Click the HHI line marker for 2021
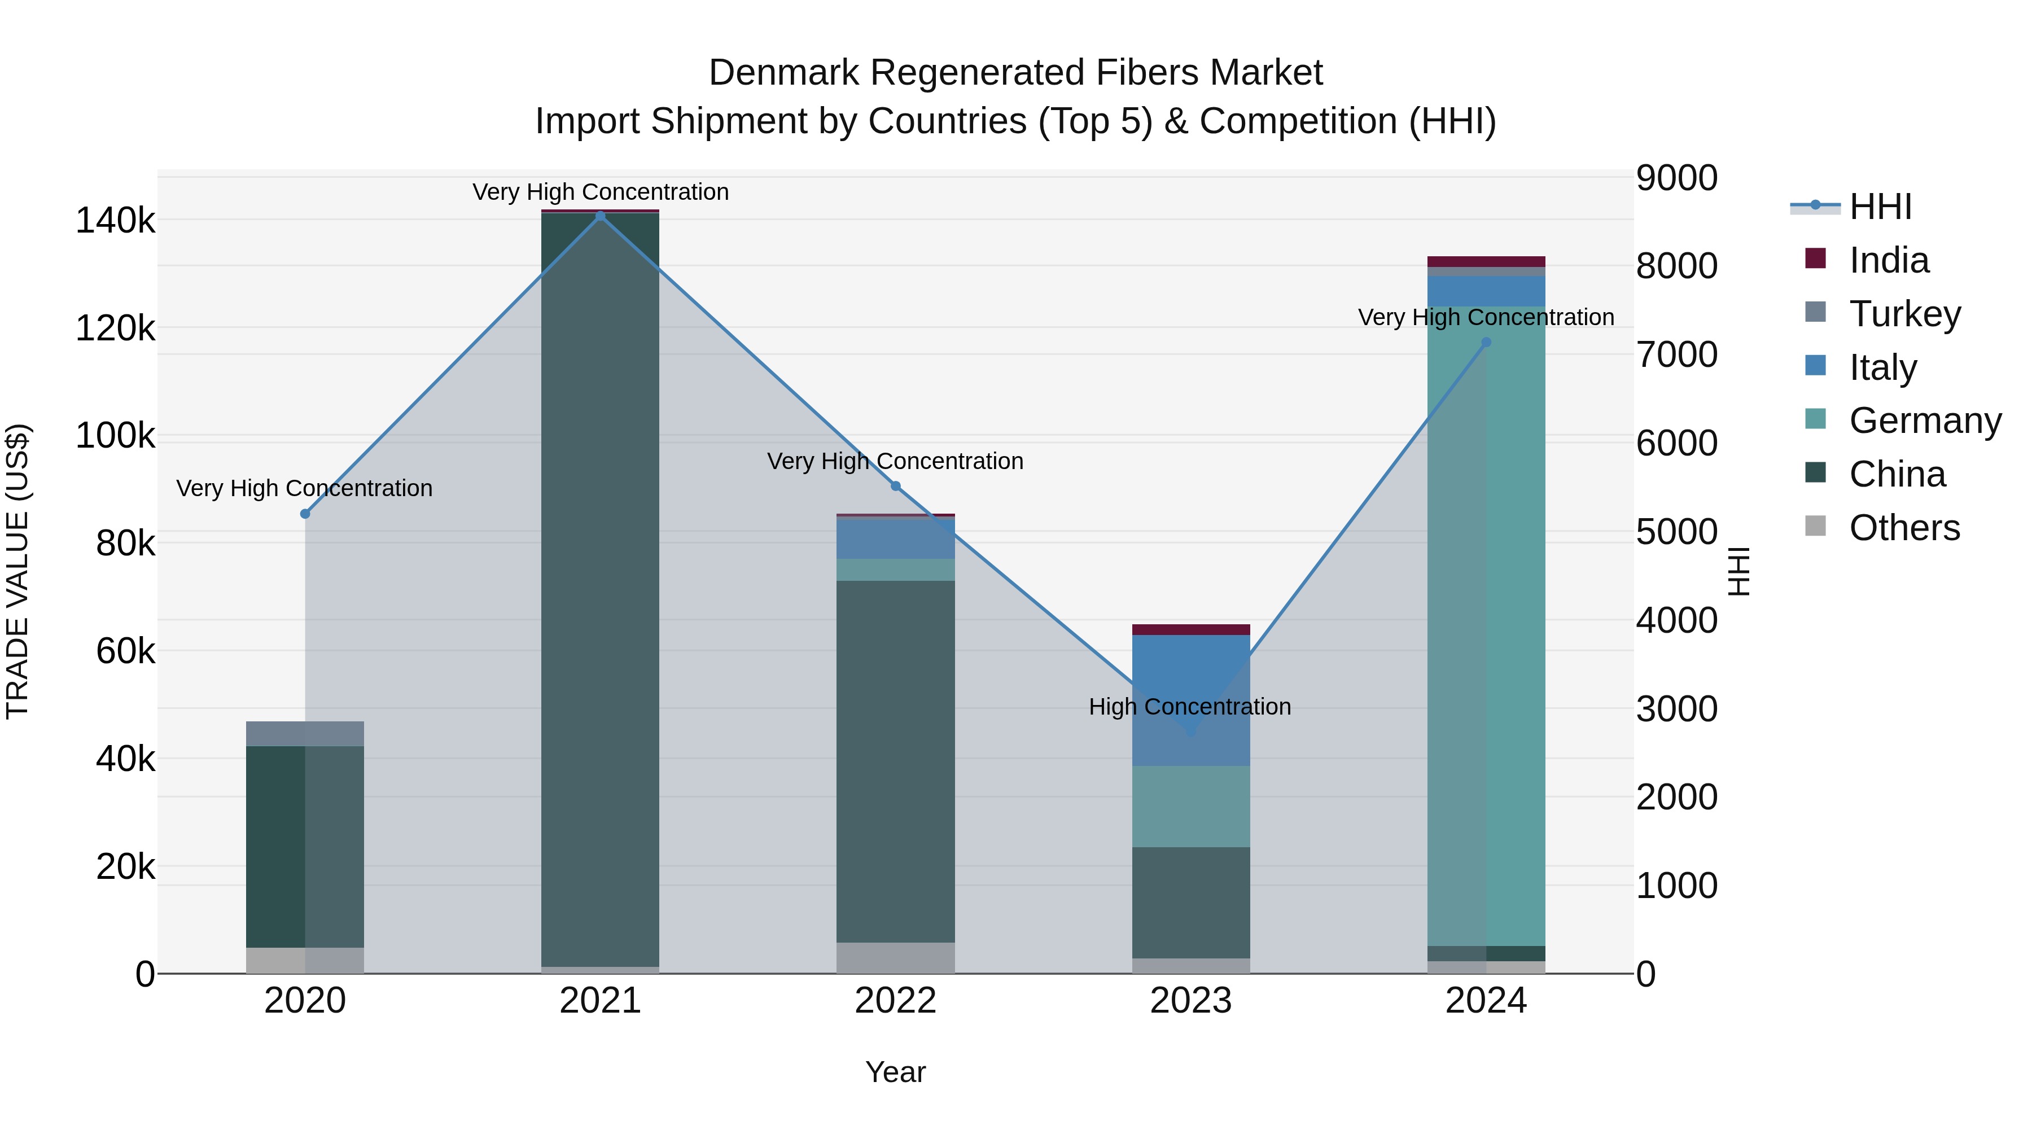click(601, 216)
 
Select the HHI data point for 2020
click(305, 514)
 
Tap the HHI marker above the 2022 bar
click(895, 486)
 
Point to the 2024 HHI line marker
click(1486, 343)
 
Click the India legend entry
click(1889, 260)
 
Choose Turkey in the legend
click(1904, 314)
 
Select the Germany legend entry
click(1925, 421)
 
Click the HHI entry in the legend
click(1880, 207)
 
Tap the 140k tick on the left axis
click(115, 220)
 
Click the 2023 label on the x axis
click(1190, 1001)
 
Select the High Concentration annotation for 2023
click(1189, 707)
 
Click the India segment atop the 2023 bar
click(1190, 629)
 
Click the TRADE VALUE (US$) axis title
click(17, 571)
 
